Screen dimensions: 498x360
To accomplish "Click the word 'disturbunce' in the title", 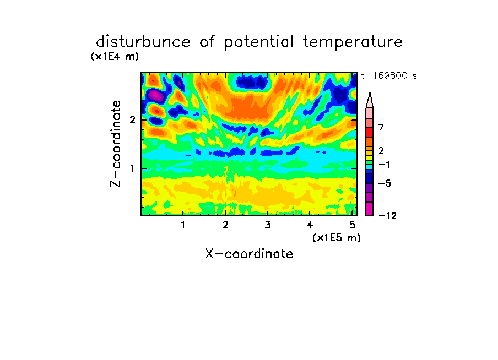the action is pyautogui.click(x=143, y=42).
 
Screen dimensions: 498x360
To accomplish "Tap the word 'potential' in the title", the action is pyautogui.click(x=259, y=42).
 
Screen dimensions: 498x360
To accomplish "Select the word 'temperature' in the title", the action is pyautogui.click(x=353, y=42).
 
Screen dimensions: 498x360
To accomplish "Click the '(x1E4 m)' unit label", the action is pyautogui.click(x=115, y=57).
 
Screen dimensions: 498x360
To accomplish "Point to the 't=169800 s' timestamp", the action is pyautogui.click(x=389, y=75).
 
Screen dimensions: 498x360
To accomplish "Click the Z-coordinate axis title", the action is pyautogui.click(x=116, y=144).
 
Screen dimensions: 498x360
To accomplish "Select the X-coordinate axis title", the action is pyautogui.click(x=249, y=254).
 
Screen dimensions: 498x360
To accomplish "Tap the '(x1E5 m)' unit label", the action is pyautogui.click(x=337, y=238).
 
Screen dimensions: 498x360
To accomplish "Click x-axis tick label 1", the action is pyautogui.click(x=183, y=225).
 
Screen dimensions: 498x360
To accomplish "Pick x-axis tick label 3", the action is pyautogui.click(x=268, y=225).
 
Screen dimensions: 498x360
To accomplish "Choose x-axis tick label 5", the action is pyautogui.click(x=352, y=225).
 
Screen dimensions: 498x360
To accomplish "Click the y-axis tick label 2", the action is pyautogui.click(x=132, y=119).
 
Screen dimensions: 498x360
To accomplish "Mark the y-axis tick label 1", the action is pyautogui.click(x=132, y=168).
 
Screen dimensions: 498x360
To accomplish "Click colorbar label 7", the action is pyautogui.click(x=381, y=127).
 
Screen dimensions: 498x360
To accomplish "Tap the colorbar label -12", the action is pyautogui.click(x=387, y=216).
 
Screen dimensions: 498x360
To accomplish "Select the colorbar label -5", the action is pyautogui.click(x=385, y=183).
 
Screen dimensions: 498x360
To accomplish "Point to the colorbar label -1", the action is pyautogui.click(x=384, y=165).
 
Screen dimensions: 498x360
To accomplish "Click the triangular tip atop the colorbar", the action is pyautogui.click(x=370, y=92).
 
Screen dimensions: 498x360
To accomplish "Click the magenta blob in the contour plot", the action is pyautogui.click(x=155, y=95).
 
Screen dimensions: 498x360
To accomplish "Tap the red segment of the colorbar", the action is pyautogui.click(x=370, y=132).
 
